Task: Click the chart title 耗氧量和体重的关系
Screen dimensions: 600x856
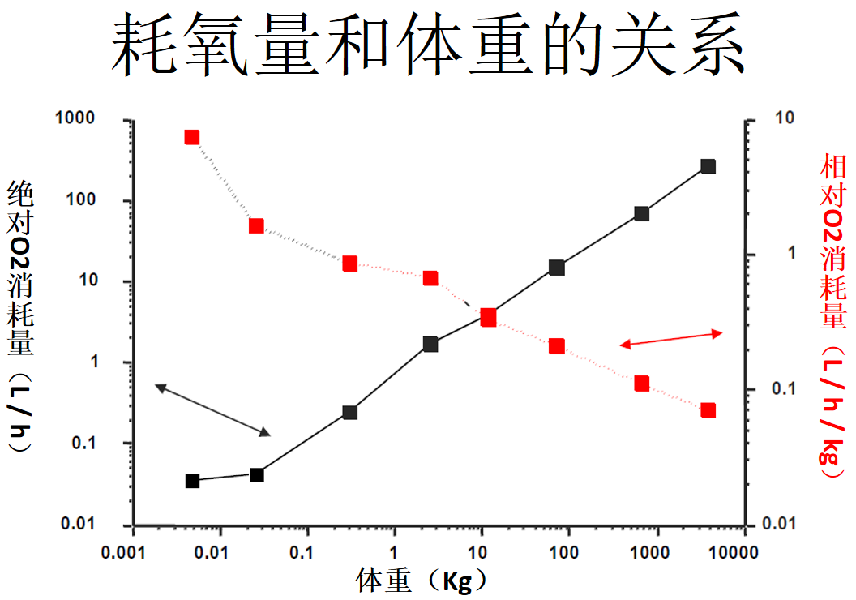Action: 427,46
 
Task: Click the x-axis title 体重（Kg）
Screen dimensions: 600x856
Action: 423,581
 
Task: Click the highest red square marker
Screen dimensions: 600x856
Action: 192,137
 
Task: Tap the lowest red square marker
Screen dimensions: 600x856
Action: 708,410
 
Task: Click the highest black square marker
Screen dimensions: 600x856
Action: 708,166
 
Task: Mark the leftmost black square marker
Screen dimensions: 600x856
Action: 192,481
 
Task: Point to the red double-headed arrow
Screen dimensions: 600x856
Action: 671,339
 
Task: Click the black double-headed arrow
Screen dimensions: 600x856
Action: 212,411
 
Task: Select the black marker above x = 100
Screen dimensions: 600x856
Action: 557,268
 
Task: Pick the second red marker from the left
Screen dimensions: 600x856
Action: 257,225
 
